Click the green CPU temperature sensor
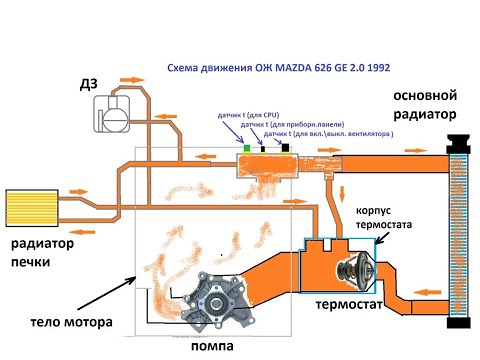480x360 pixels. point(246,148)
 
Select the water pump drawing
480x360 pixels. point(222,299)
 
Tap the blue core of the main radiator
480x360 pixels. point(459,240)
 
